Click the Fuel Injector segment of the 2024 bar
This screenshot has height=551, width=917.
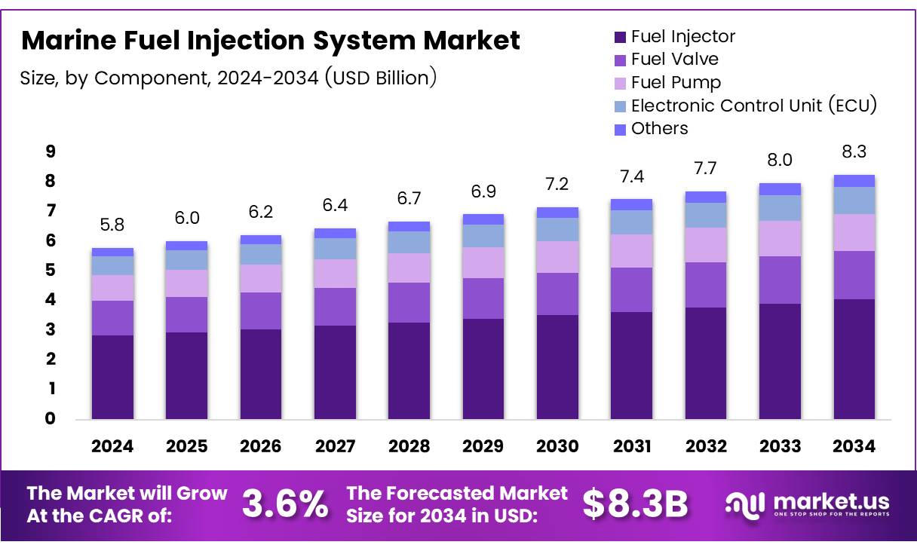tap(112, 377)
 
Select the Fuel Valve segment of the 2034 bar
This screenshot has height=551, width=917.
tap(854, 275)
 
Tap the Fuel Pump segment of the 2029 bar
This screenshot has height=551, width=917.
tap(483, 262)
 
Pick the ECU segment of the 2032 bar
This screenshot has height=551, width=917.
tap(706, 215)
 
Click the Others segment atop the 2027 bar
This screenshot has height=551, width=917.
tap(335, 233)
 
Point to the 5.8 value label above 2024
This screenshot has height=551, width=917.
tap(112, 225)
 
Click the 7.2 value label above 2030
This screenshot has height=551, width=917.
tap(557, 184)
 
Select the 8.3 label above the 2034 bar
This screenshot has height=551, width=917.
tap(854, 152)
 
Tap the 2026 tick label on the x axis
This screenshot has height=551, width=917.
tap(261, 446)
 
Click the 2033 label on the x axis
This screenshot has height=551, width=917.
tap(780, 446)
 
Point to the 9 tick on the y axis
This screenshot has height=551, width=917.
tap(51, 152)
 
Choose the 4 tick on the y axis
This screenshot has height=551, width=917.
tap(51, 300)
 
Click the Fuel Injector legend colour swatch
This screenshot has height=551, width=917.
tap(621, 36)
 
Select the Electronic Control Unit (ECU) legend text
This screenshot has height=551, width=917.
tap(754, 106)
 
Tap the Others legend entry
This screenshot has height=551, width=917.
tap(659, 128)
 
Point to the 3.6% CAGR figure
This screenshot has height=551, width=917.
tap(285, 504)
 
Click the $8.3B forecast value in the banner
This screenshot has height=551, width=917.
tap(635, 504)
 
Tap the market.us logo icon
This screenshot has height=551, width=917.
tap(745, 504)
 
